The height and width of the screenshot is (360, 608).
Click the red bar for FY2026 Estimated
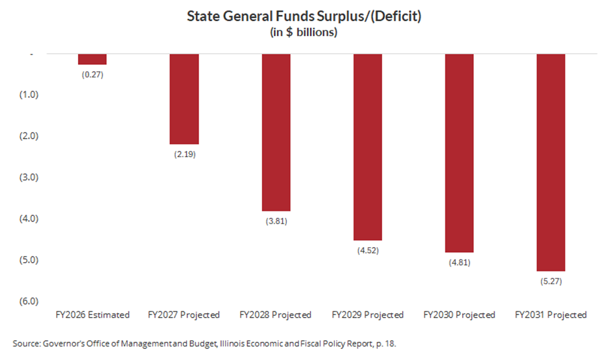[92, 59]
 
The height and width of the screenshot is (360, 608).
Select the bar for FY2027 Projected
[184, 99]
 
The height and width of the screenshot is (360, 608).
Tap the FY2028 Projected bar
[276, 132]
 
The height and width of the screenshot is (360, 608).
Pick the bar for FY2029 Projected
[367, 147]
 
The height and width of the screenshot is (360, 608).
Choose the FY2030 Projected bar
[459, 153]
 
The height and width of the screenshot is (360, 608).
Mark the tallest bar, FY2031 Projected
[551, 162]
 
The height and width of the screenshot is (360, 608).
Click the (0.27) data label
[92, 74]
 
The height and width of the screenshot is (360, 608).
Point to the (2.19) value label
[184, 153]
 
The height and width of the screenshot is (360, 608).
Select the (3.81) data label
[276, 221]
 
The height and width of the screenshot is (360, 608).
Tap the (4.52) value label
[367, 250]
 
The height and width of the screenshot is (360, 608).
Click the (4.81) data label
[459, 262]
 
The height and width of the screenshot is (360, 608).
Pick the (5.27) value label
[551, 281]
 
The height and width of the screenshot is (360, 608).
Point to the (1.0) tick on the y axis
[29, 95]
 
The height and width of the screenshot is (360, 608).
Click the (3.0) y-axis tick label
[29, 177]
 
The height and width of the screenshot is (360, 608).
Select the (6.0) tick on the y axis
[29, 301]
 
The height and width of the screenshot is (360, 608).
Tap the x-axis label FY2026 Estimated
[92, 315]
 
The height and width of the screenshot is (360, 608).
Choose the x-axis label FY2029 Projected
[367, 315]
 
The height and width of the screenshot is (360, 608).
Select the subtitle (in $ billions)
[304, 32]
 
